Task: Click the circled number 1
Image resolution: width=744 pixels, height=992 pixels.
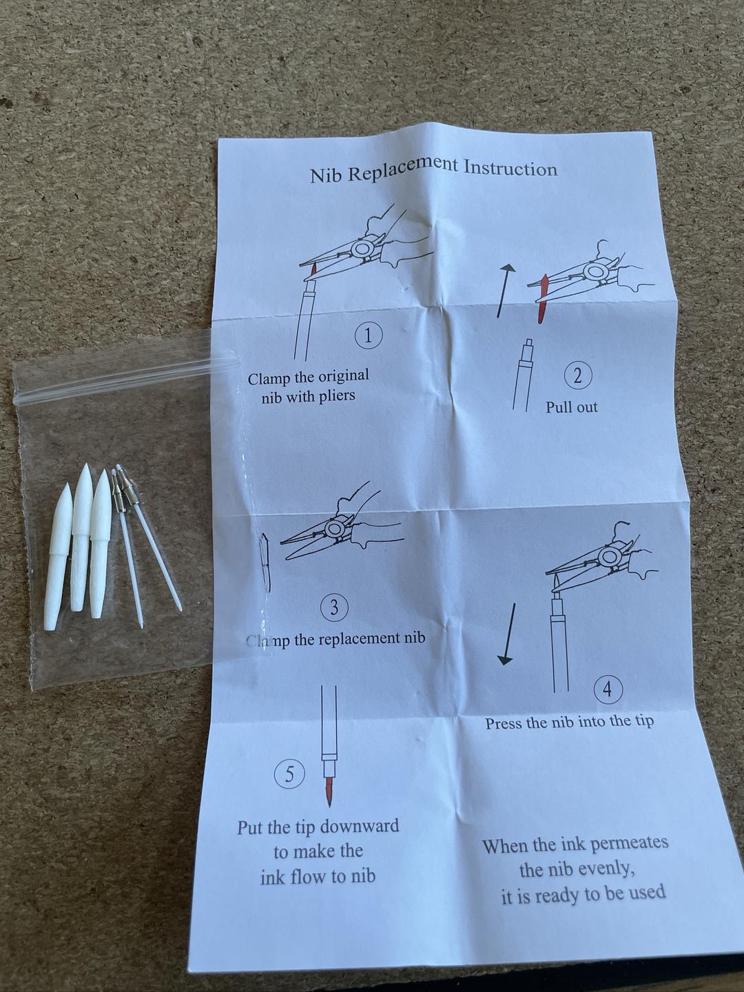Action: pyautogui.click(x=369, y=335)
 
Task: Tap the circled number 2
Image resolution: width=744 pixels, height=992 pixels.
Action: pyautogui.click(x=577, y=377)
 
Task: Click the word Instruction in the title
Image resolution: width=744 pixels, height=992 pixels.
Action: pyautogui.click(x=511, y=167)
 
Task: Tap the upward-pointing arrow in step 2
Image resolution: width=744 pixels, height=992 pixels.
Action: pyautogui.click(x=504, y=290)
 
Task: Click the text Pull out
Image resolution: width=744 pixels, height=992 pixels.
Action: pyautogui.click(x=571, y=407)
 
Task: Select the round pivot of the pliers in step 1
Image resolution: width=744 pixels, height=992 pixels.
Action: pyautogui.click(x=363, y=248)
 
